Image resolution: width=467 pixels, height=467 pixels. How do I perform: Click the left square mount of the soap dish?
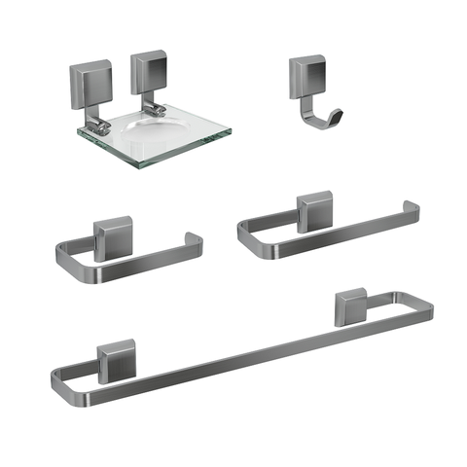(88, 77)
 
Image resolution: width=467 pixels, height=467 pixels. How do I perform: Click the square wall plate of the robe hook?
(305, 73)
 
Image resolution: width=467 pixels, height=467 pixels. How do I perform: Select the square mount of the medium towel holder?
(316, 211)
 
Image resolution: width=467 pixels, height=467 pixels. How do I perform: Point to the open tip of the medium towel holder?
(413, 207)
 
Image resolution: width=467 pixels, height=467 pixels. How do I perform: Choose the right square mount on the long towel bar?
(350, 305)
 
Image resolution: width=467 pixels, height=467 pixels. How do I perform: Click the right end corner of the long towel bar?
(428, 308)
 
